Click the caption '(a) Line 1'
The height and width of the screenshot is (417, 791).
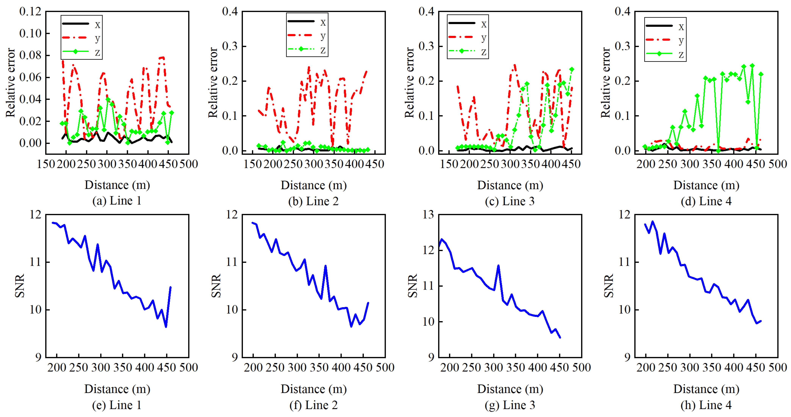(x=117, y=201)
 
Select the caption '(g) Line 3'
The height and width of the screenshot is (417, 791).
(x=510, y=405)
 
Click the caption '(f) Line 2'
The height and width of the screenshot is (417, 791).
(x=314, y=405)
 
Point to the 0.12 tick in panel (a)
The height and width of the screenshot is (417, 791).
(x=30, y=12)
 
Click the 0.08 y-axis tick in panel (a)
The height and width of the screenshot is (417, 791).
(x=30, y=56)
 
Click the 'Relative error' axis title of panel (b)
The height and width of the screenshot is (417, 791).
(x=213, y=82)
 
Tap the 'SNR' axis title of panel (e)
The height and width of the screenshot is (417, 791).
(x=19, y=286)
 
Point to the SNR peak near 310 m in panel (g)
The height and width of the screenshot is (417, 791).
(x=498, y=266)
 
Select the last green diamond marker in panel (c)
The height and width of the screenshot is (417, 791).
(x=571, y=69)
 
